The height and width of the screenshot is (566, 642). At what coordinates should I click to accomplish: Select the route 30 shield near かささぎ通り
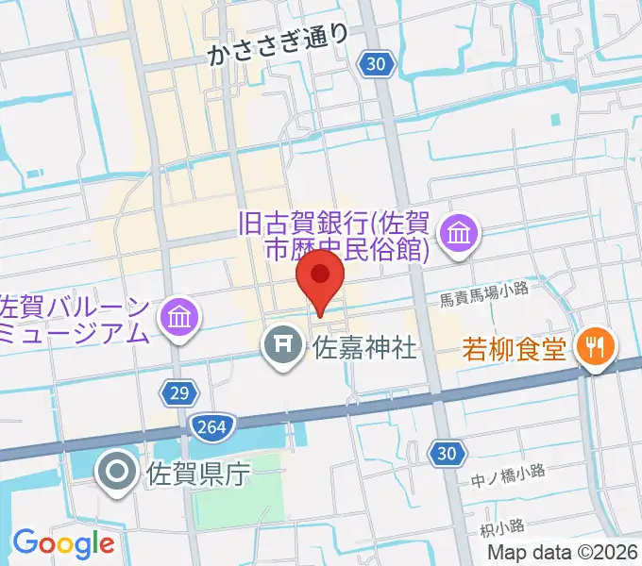pos(376,63)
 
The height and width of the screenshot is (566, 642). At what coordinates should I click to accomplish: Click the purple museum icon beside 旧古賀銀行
pos(461,232)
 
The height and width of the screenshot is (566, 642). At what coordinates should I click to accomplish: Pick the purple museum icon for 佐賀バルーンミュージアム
pos(178,319)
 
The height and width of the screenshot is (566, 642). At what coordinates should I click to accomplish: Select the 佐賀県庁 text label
pos(196,473)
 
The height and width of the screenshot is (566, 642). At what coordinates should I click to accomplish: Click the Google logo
pos(63,543)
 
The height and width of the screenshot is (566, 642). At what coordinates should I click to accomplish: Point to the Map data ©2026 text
pos(564,553)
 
